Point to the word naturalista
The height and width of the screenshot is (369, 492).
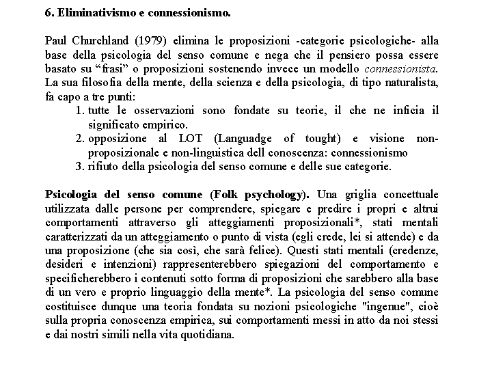tap(410, 83)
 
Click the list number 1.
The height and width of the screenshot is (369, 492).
tap(80, 111)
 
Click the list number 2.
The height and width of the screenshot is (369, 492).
tap(80, 139)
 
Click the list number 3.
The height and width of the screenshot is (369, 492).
tap(80, 166)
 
